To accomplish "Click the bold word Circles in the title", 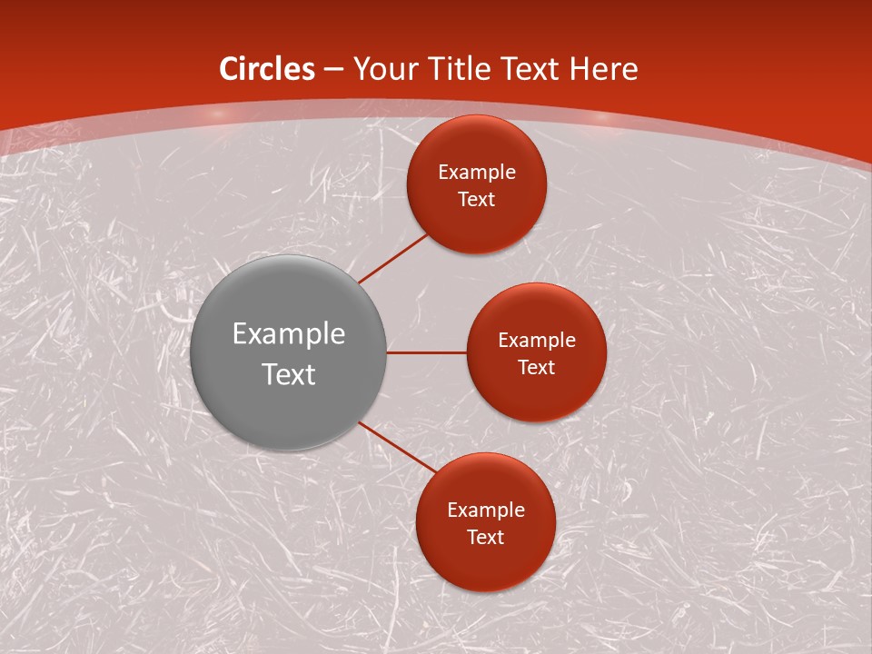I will (x=267, y=69).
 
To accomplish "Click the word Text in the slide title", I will (x=530, y=69).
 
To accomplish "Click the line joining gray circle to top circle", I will (x=393, y=258).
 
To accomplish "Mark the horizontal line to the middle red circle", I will (x=426, y=352).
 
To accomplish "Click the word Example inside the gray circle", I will (x=289, y=334).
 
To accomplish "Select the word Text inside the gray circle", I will (x=289, y=374).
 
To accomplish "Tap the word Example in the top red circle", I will (x=477, y=173).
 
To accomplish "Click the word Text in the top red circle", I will (x=477, y=200).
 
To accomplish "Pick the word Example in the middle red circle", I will (x=537, y=341).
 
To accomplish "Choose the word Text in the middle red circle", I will (x=537, y=368).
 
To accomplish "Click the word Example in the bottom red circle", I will (x=486, y=510).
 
